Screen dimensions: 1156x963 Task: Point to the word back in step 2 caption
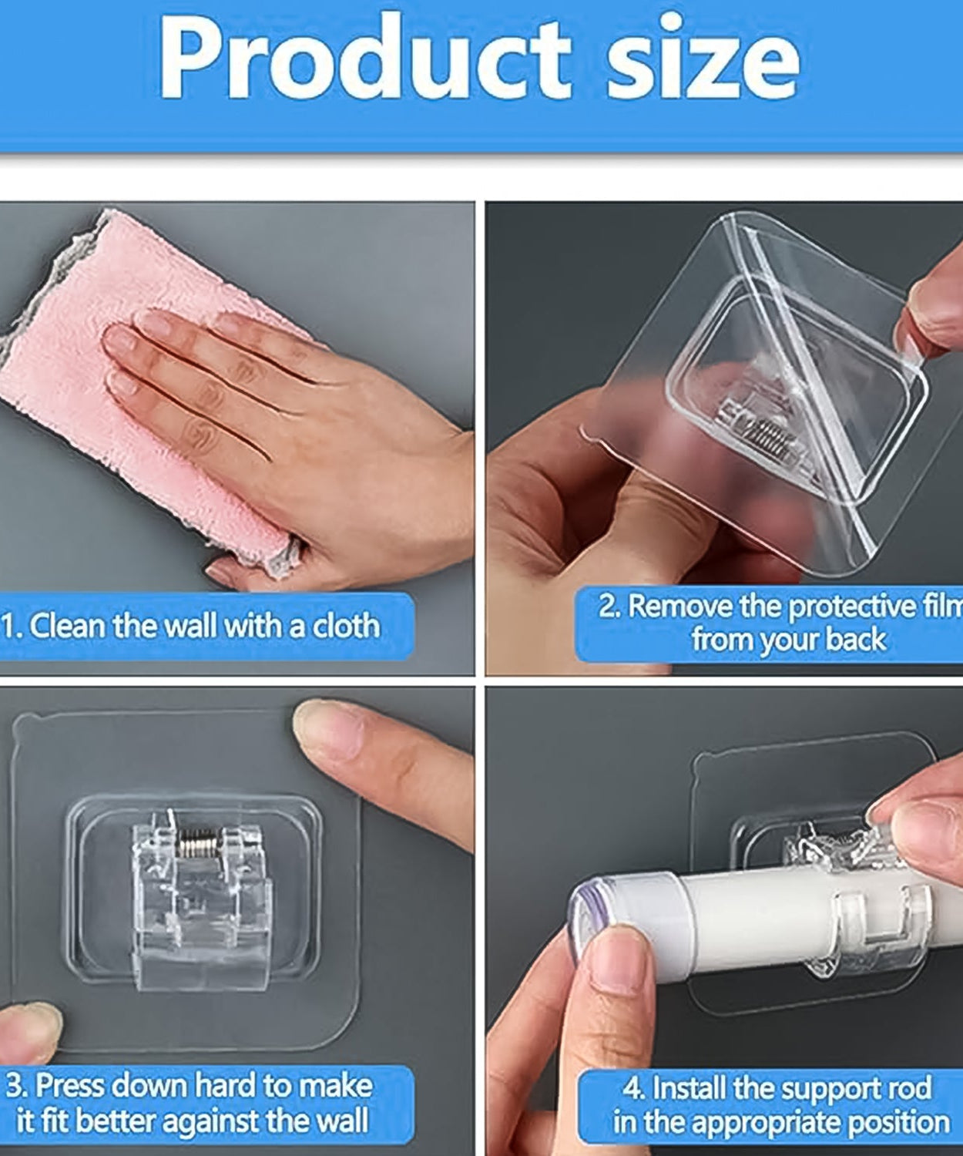[855, 640]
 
